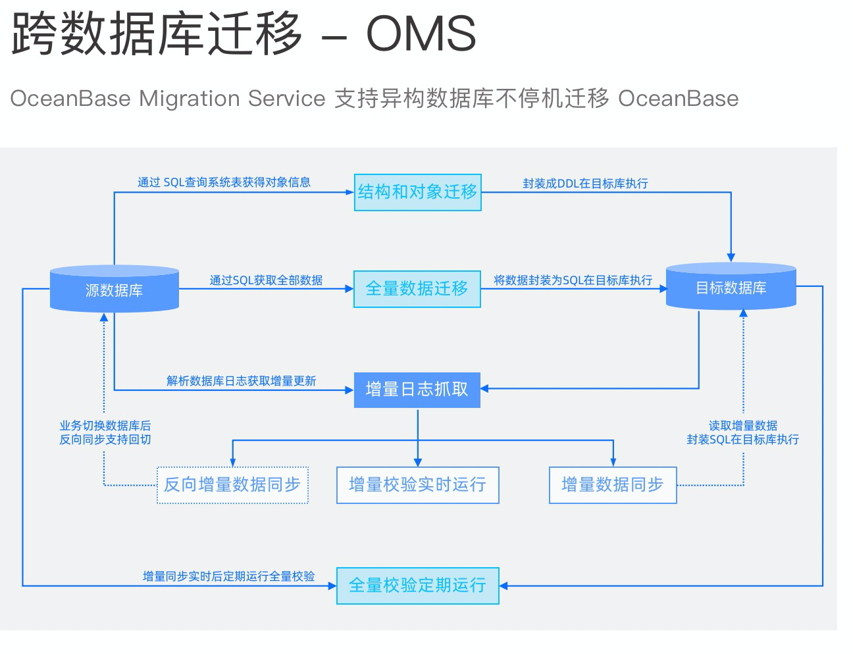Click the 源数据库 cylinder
[x=115, y=289]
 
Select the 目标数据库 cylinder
[x=731, y=288]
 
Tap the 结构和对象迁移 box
[x=417, y=192]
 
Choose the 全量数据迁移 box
[x=417, y=289]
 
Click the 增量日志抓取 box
[x=417, y=390]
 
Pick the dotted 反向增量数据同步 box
[x=232, y=485]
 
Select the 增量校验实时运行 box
[x=417, y=485]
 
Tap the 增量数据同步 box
[x=612, y=485]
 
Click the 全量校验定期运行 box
[x=417, y=585]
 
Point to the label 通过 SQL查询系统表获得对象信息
[x=224, y=182]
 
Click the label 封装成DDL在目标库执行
[x=585, y=184]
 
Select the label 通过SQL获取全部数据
[x=266, y=280]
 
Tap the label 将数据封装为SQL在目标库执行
[x=573, y=280]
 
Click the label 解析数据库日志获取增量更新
[x=241, y=381]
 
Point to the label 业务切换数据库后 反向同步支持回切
[x=105, y=432]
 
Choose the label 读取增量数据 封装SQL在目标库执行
[x=742, y=432]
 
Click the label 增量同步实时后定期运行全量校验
[x=228, y=576]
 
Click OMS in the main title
[x=421, y=34]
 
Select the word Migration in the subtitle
[x=190, y=99]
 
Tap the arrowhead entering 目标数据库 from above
[x=731, y=257]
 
